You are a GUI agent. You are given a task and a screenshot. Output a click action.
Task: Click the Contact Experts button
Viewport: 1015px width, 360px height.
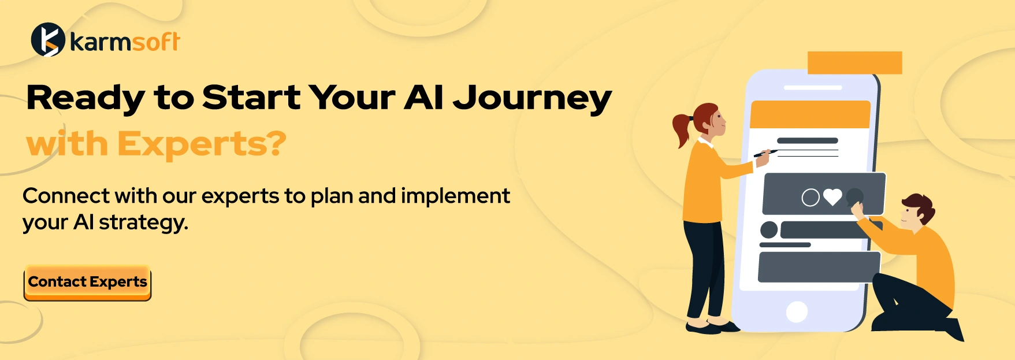click(87, 283)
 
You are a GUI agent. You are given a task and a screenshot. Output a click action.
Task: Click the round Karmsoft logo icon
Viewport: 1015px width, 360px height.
click(47, 40)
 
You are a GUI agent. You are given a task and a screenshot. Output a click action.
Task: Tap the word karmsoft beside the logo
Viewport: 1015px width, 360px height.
click(125, 42)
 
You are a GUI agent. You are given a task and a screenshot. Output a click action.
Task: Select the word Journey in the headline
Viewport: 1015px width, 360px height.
click(532, 98)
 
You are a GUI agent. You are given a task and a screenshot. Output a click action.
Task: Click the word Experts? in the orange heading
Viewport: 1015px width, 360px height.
click(202, 144)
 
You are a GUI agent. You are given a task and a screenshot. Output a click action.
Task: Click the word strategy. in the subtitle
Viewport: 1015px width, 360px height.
click(143, 222)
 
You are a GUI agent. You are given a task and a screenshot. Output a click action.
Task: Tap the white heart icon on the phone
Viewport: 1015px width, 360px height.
click(832, 198)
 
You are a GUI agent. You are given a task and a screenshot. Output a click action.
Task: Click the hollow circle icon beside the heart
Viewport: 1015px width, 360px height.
click(810, 198)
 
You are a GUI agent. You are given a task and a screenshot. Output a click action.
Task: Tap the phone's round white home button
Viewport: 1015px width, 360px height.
click(797, 312)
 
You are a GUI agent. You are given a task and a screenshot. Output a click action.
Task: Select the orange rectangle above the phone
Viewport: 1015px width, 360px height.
click(854, 63)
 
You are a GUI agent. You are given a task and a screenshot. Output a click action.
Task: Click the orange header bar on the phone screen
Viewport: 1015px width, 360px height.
click(809, 114)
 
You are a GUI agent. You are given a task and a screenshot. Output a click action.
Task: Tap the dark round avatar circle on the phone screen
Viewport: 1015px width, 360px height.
click(769, 230)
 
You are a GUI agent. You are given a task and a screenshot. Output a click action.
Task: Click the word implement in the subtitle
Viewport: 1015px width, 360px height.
click(455, 196)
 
